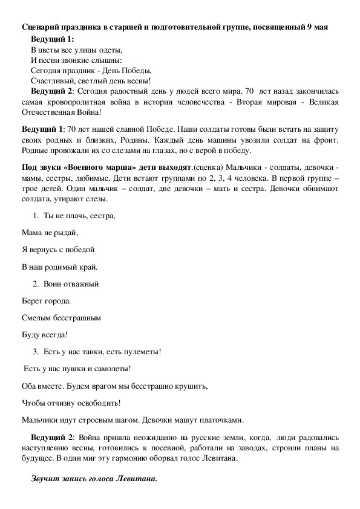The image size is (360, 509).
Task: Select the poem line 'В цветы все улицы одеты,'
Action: pyautogui.click(x=76, y=50)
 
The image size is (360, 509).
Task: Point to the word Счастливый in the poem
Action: pyautogui.click(x=50, y=80)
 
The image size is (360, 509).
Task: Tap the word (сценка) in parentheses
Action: pyautogui.click(x=208, y=166)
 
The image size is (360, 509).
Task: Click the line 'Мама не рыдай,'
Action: pyautogui.click(x=50, y=232)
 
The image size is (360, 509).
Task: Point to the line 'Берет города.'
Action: pyautogui.click(x=46, y=300)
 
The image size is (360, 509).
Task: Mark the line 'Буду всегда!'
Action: pyautogui.click(x=44, y=334)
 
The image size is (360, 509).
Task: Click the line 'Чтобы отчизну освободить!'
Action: pyautogui.click(x=71, y=401)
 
